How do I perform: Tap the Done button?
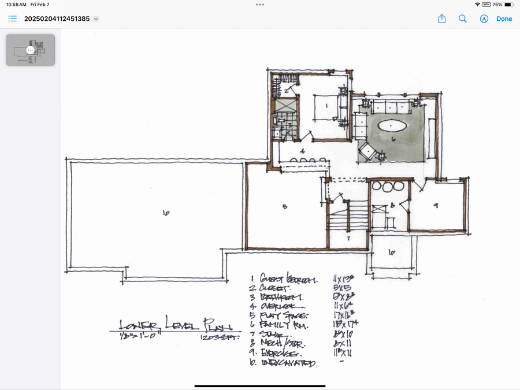(x=504, y=18)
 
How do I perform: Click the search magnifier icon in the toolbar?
(x=463, y=18)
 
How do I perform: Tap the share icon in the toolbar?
(x=442, y=18)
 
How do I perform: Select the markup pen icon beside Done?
(x=484, y=18)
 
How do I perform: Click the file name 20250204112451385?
(x=57, y=18)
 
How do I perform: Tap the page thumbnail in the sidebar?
(x=31, y=50)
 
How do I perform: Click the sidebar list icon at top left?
(x=13, y=18)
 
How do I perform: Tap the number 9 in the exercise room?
(x=436, y=204)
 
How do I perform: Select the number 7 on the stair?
(x=348, y=237)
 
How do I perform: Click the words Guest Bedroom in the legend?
(x=288, y=279)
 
